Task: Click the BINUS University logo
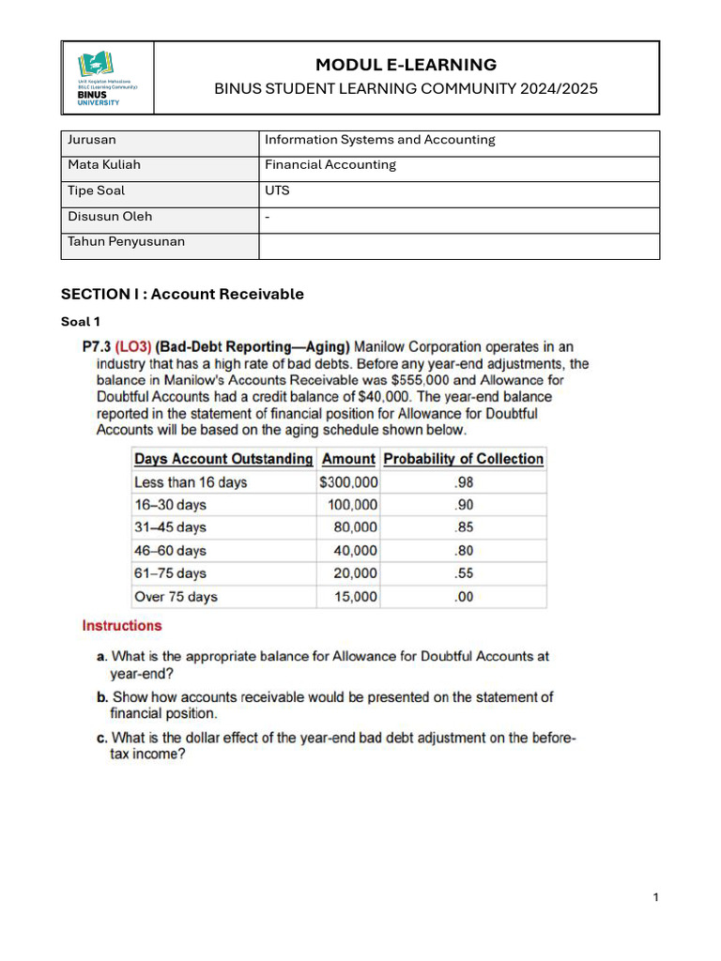[x=106, y=79]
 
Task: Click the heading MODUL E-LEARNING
[x=406, y=65]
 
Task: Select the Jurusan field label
[x=92, y=140]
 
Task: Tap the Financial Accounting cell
[x=330, y=165]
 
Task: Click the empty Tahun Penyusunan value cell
[x=458, y=245]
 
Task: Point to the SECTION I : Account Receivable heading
[x=182, y=294]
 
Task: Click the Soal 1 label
[x=81, y=322]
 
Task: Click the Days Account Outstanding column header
[x=223, y=459]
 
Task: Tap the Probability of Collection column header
[x=464, y=459]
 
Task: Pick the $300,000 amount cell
[x=348, y=482]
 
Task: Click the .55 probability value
[x=464, y=573]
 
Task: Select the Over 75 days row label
[x=176, y=597]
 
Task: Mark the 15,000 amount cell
[x=356, y=597]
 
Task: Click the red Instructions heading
[x=122, y=626]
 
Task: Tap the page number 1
[x=656, y=898]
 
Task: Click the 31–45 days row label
[x=170, y=527]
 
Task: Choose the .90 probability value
[x=464, y=505]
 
